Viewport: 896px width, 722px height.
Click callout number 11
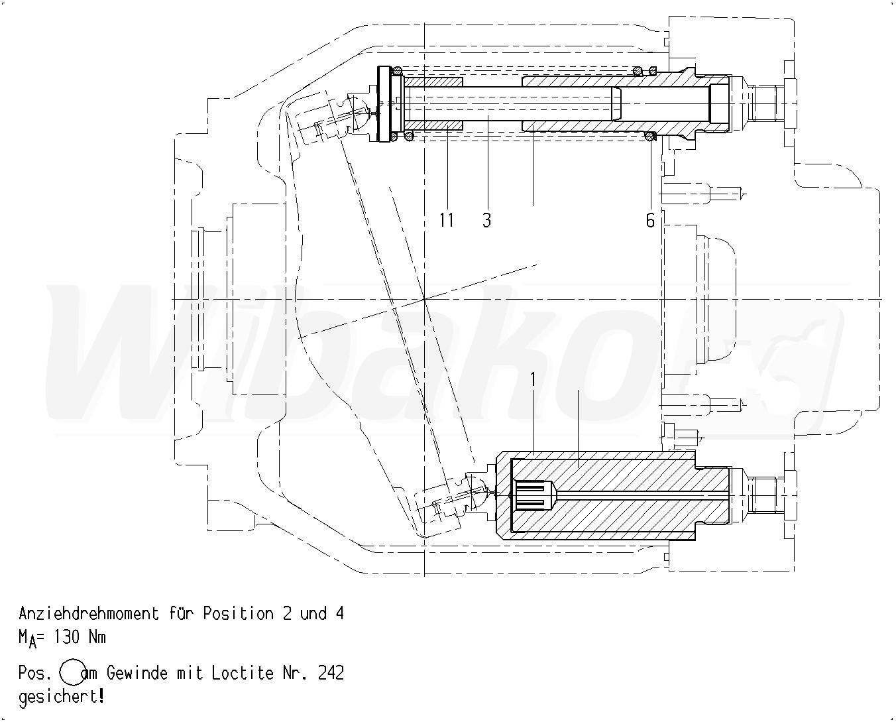446,219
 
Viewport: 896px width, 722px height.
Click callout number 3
486,219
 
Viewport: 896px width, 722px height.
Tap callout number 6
650,220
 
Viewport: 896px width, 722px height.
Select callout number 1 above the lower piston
533,379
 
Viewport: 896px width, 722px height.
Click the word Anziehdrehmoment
89,614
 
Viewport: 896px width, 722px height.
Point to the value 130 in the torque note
67,637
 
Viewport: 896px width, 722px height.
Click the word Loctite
243,673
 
